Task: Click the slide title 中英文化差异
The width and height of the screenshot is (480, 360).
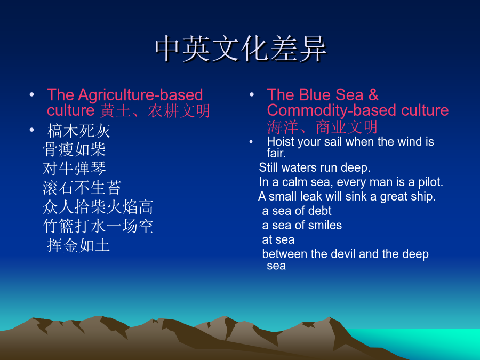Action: click(241, 49)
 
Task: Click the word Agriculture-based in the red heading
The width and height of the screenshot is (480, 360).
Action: click(140, 94)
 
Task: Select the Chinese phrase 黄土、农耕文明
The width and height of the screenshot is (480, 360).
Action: click(155, 110)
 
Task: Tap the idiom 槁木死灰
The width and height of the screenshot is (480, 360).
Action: click(79, 131)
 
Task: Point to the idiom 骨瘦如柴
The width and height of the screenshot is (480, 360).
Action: click(74, 150)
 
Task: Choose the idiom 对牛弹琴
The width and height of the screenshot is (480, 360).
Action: click(74, 169)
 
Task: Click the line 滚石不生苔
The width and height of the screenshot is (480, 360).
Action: click(82, 188)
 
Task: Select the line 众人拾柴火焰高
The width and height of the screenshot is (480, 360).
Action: click(98, 207)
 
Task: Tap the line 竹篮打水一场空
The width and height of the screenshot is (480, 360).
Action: click(98, 226)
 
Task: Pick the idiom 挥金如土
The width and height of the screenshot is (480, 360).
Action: click(78, 245)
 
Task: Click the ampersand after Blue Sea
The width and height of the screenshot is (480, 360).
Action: click(373, 94)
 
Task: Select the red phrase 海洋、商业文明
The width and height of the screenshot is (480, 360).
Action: click(322, 127)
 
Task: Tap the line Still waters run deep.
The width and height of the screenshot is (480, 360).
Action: click(315, 168)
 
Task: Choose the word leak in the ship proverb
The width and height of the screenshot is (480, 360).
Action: click(311, 196)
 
